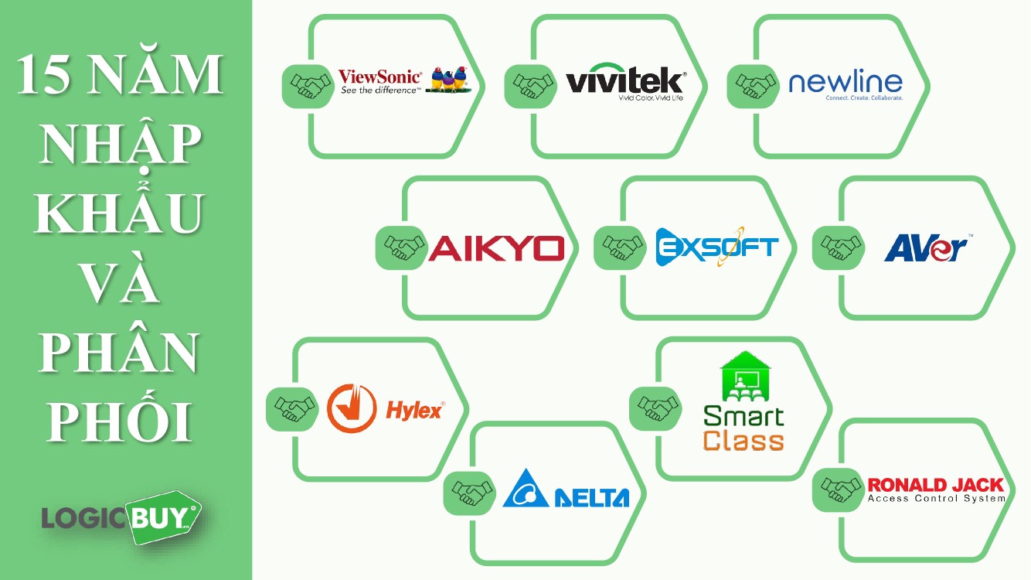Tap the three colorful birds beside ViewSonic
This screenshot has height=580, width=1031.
click(x=448, y=79)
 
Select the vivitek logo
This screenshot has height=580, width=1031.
click(x=626, y=82)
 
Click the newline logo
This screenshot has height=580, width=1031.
click(x=846, y=86)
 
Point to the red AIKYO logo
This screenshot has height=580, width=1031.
click(x=496, y=248)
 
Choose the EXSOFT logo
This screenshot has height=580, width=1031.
click(x=717, y=247)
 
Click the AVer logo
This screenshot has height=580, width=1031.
click(x=927, y=247)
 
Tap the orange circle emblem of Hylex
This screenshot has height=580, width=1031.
click(x=352, y=408)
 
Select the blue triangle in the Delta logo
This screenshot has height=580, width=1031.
click(x=526, y=488)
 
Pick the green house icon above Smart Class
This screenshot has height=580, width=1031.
click(x=745, y=376)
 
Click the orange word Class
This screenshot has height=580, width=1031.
click(x=743, y=440)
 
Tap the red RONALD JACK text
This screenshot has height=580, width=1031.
click(x=935, y=485)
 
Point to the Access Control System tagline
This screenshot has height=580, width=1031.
click(x=936, y=499)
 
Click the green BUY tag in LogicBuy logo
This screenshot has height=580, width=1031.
click(x=165, y=517)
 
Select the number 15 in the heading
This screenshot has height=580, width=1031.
click(x=43, y=74)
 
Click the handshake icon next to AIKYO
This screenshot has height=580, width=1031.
click(x=401, y=247)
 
